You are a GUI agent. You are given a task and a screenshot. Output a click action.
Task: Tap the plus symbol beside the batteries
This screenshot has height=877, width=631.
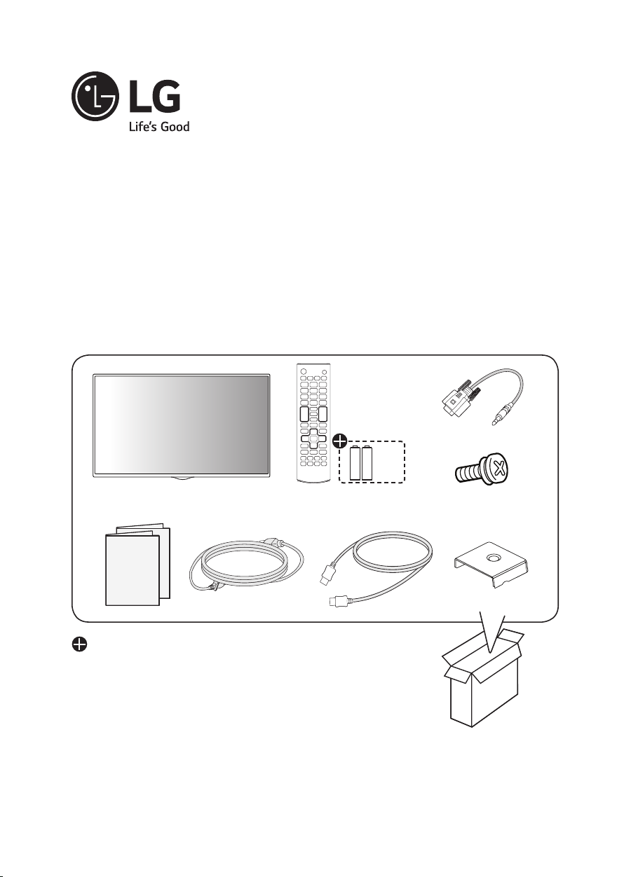pos(339,441)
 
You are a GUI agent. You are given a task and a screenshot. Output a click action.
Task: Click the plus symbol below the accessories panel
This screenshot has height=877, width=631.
pos(79,645)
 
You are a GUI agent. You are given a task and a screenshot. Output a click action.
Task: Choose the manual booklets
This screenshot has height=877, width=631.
pos(136,565)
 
